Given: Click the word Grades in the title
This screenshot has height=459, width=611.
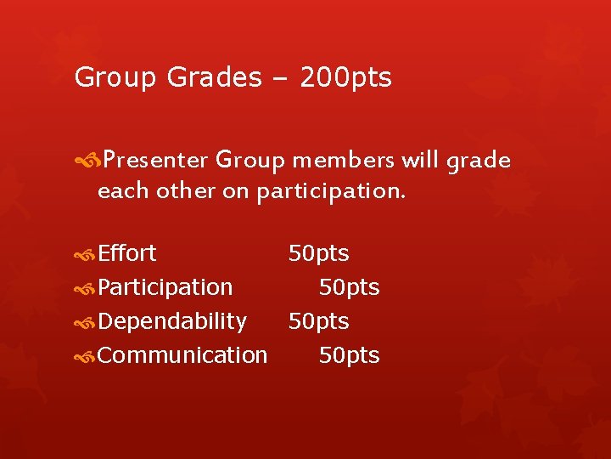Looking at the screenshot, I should (x=215, y=78).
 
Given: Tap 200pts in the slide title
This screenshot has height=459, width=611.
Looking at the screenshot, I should (x=345, y=78).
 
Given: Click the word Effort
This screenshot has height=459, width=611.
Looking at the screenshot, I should (x=127, y=253).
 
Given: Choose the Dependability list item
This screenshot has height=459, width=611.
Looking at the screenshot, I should (x=172, y=321).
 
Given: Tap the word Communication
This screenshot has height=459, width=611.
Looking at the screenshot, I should (x=182, y=355).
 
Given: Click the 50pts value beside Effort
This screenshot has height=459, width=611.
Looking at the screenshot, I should (x=319, y=254).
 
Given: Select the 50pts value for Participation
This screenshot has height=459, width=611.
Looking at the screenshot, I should (x=350, y=288).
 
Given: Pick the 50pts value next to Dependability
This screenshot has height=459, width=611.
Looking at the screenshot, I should (x=319, y=322).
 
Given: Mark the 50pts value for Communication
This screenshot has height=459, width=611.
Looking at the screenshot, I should (x=350, y=356).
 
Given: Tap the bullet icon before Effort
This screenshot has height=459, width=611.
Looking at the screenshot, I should (x=86, y=254).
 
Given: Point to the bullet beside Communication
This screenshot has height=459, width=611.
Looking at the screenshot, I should (x=86, y=356).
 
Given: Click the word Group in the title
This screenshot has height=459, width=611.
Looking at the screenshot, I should (x=115, y=78).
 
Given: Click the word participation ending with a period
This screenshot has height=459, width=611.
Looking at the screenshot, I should (x=331, y=192).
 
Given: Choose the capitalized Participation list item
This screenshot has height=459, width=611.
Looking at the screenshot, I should (x=165, y=288).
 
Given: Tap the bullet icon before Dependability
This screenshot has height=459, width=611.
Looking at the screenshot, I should (x=86, y=322).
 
